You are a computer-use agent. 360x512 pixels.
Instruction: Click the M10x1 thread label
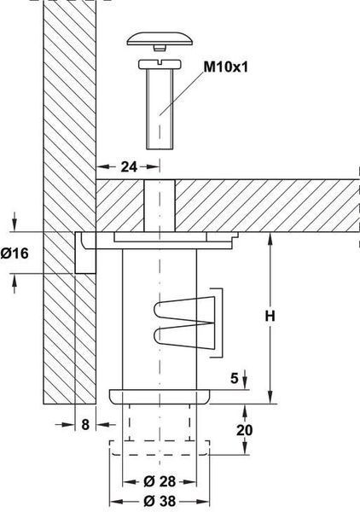225,67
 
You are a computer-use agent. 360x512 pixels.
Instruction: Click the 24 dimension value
130,167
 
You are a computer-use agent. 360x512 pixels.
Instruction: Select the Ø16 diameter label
15,253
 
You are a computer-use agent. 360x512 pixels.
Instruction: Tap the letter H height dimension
270,316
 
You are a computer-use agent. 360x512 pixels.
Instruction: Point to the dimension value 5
235,378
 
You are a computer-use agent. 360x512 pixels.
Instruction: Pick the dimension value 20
245,430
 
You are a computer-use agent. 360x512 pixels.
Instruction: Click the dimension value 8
85,424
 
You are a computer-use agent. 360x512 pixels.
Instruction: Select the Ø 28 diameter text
160,481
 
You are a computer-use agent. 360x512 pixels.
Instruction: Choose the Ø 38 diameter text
160,501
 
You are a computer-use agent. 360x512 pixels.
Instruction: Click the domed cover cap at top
160,38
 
